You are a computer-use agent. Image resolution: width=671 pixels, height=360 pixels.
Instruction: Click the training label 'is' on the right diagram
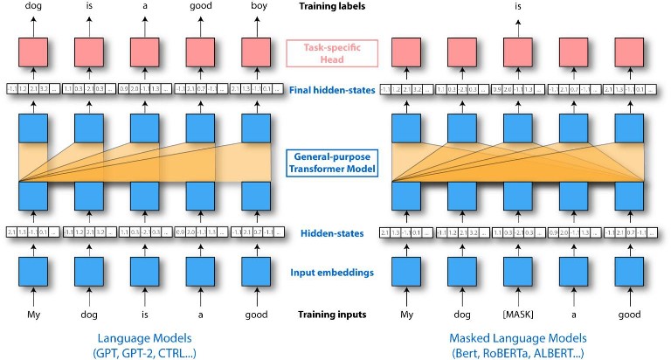pos(519,7)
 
